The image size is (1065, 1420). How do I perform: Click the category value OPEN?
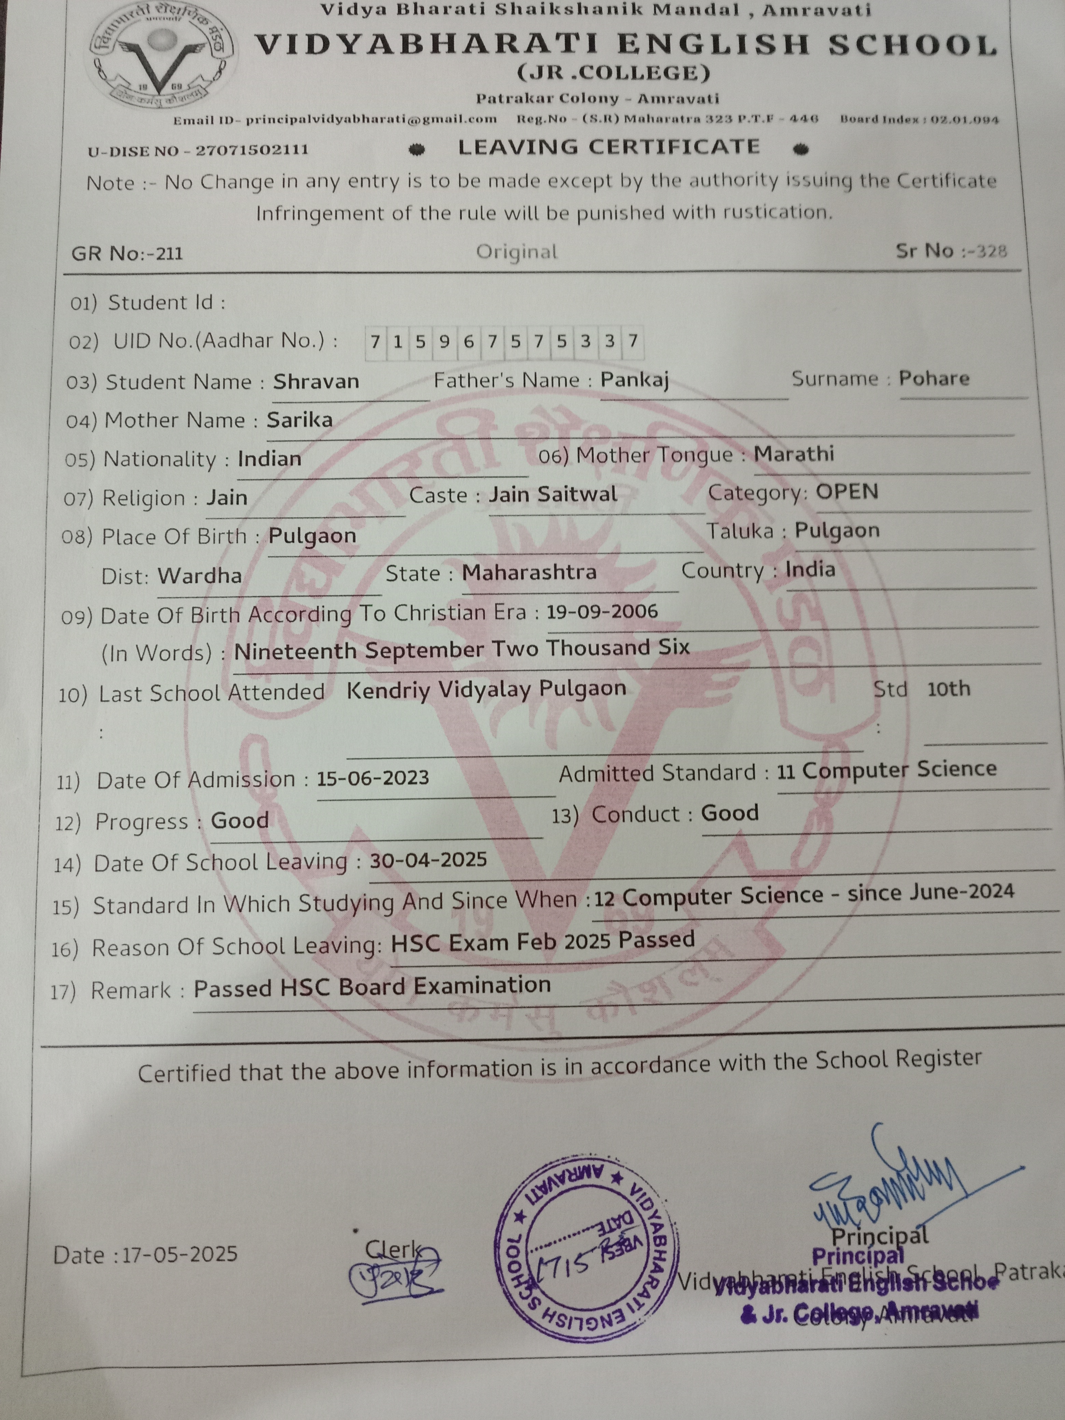click(847, 492)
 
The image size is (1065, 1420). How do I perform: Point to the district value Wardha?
click(200, 575)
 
